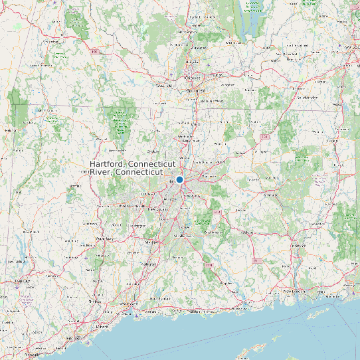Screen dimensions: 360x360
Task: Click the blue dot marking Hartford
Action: tap(179, 179)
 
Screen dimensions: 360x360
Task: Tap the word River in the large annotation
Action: tap(102, 172)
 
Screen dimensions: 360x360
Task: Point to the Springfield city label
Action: tap(195, 88)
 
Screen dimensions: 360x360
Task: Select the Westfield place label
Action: tap(163, 86)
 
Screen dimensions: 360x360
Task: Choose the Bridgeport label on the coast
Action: tap(71, 339)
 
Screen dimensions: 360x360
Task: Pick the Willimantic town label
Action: tap(271, 196)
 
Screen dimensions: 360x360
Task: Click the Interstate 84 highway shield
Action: tap(265, 137)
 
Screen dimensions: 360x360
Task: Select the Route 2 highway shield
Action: tap(217, 212)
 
